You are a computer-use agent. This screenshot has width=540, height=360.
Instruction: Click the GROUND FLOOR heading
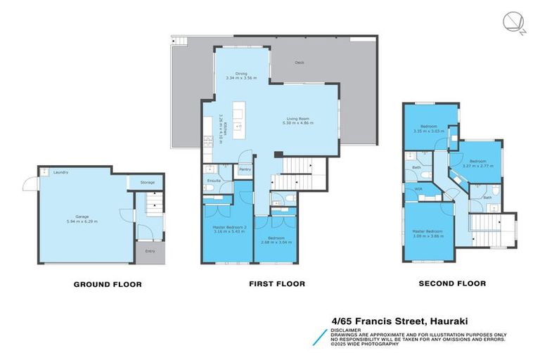[x=108, y=285]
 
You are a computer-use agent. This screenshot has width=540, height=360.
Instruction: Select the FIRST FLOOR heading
[x=276, y=284]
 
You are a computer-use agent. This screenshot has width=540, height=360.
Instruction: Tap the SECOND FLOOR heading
[x=452, y=284]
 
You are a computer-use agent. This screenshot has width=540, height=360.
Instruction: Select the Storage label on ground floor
[x=147, y=182]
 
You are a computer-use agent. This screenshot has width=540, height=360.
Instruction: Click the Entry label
[x=150, y=251]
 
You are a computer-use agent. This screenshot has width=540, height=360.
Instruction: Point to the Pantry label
[x=245, y=169]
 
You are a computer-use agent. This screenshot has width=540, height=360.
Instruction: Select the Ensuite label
[x=214, y=181]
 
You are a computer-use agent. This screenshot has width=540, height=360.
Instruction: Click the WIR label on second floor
[x=418, y=188]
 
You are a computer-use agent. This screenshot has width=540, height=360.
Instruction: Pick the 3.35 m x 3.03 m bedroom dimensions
[x=429, y=131]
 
